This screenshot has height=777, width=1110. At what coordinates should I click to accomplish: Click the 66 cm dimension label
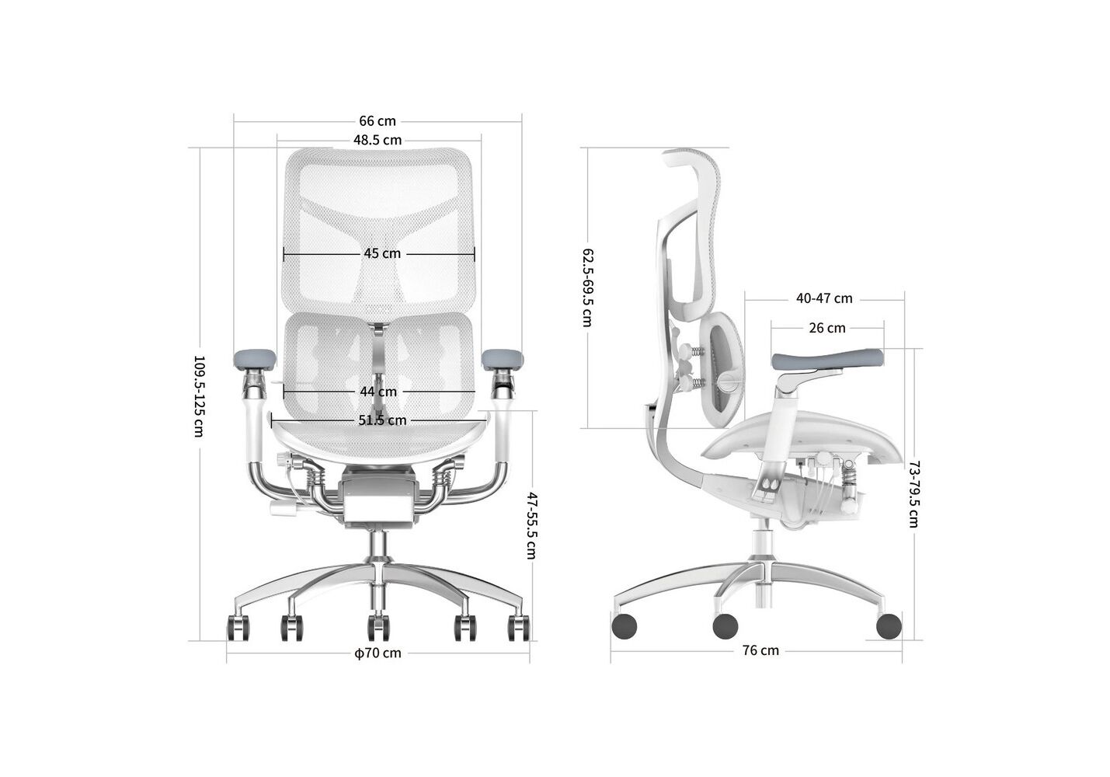click(x=378, y=121)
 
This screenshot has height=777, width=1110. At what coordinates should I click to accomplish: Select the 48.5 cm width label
click(x=378, y=140)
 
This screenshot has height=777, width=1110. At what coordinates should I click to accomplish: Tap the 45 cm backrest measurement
click(x=382, y=253)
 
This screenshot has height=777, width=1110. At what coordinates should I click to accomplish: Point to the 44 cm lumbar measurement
click(x=378, y=392)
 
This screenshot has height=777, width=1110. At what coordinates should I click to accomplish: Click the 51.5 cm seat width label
click(x=382, y=420)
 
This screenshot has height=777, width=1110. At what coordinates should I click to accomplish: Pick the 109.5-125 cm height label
click(x=199, y=396)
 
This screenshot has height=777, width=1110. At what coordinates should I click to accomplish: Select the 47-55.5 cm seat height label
click(x=531, y=525)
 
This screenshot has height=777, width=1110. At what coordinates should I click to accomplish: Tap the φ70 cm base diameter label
click(x=378, y=653)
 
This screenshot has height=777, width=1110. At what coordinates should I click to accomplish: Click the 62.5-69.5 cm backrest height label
click(x=587, y=288)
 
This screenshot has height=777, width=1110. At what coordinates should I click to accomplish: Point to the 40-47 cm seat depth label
click(x=824, y=298)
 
